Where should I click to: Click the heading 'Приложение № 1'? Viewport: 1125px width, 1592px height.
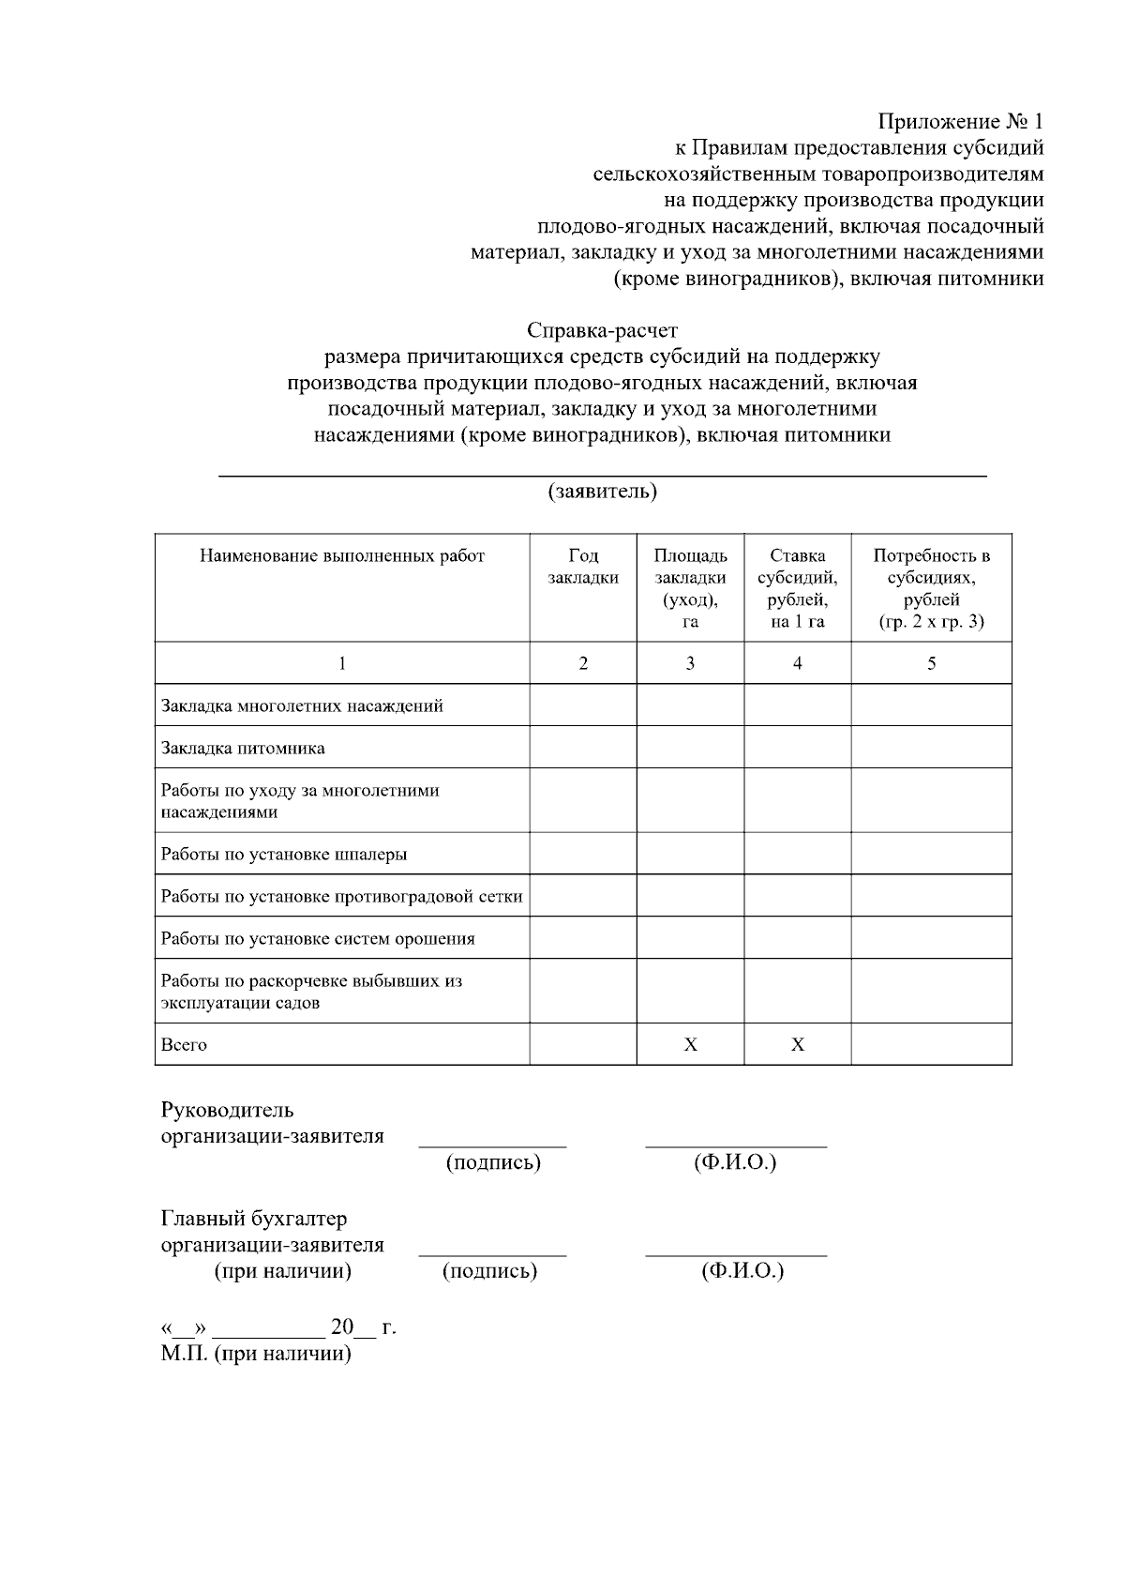click(960, 122)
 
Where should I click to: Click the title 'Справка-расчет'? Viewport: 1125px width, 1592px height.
click(602, 330)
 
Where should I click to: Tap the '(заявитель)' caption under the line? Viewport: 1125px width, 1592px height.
click(602, 492)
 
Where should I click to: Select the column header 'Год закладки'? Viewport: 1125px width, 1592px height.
click(583, 567)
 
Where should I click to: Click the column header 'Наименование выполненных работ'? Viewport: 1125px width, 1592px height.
click(342, 555)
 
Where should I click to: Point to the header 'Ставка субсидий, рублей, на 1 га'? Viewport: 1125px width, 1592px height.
click(797, 588)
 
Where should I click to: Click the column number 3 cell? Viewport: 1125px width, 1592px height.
click(690, 663)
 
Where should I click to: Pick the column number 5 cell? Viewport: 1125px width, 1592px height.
click(931, 663)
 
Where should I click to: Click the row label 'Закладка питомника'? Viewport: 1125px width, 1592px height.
click(244, 748)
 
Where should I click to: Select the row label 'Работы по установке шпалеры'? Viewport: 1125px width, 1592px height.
click(284, 854)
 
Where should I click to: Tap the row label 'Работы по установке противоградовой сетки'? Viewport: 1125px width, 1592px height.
click(341, 896)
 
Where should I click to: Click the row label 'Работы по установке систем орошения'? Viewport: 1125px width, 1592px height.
click(318, 938)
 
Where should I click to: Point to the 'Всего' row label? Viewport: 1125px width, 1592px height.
click(184, 1044)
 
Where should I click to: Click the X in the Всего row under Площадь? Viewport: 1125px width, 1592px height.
click(690, 1044)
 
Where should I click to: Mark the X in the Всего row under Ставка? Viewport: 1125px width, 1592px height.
click(797, 1044)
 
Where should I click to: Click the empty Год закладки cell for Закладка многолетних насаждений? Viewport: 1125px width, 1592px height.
click(583, 705)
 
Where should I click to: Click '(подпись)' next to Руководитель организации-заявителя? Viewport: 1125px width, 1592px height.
click(493, 1163)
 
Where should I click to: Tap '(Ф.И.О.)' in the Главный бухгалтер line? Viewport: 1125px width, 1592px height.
click(742, 1271)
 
